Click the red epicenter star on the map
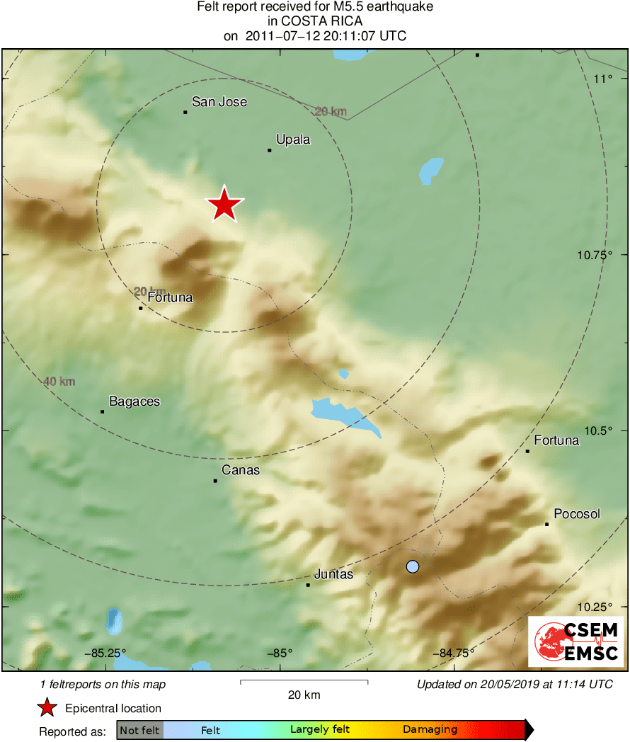[224, 205]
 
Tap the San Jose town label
[219, 102]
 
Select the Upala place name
[293, 139]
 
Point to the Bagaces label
[134, 401]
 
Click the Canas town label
[241, 470]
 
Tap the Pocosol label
[577, 514]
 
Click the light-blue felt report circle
[413, 566]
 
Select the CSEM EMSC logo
[576, 641]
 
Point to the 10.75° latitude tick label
[595, 255]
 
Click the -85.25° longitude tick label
[104, 653]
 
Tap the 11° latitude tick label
[603, 79]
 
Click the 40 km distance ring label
[59, 382]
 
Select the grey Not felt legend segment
[139, 730]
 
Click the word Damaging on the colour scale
[430, 729]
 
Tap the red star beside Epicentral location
[47, 708]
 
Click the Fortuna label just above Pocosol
[556, 440]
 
